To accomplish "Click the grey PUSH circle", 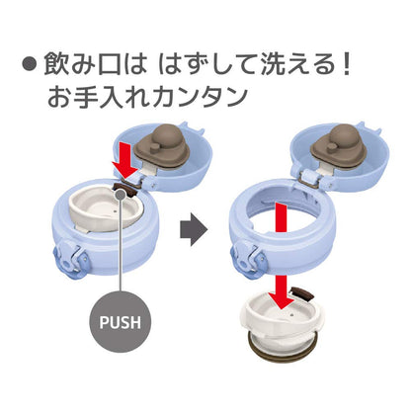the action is point(121,321).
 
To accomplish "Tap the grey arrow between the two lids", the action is point(194,230).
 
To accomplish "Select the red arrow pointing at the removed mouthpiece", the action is point(281,256).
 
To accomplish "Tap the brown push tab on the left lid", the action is point(125,190).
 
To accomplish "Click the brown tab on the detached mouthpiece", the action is point(302,293).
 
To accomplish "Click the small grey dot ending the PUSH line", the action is point(121,195).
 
